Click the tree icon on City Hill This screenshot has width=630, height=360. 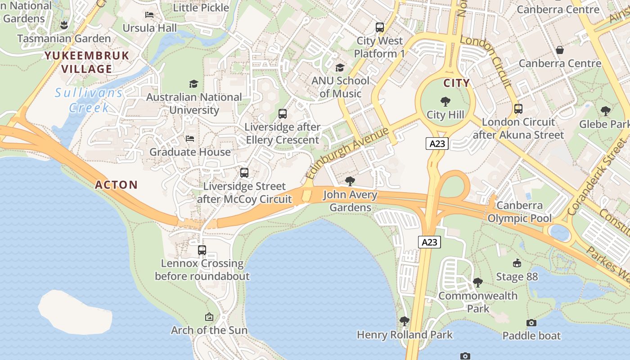pos(445,102)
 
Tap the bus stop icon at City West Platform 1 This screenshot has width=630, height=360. pos(380,27)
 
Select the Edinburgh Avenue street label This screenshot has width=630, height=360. pos(346,153)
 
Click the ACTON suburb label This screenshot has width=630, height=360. pos(116,184)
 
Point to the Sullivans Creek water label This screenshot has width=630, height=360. pos(89,100)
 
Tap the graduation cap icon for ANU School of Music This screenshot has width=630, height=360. pos(340,67)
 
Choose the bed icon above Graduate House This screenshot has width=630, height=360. pos(190,139)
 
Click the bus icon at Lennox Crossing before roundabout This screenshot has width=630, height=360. pos(202,250)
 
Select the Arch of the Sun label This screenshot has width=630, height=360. pos(209,330)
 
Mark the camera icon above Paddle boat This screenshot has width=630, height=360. pos(531,323)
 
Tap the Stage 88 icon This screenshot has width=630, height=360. pos(517,263)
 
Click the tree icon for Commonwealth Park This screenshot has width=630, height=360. pos(478,283)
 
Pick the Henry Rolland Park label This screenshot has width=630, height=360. pos(405,335)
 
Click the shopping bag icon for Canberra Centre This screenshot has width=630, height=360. pos(560,50)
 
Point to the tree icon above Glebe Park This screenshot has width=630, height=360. pos(606,111)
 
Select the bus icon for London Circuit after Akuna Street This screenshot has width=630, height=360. pos(518,109)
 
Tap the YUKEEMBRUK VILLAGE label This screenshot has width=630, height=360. pos(87,62)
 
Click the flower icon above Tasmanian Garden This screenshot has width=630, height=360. pos(64,25)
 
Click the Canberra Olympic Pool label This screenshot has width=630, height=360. pos(520,212)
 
